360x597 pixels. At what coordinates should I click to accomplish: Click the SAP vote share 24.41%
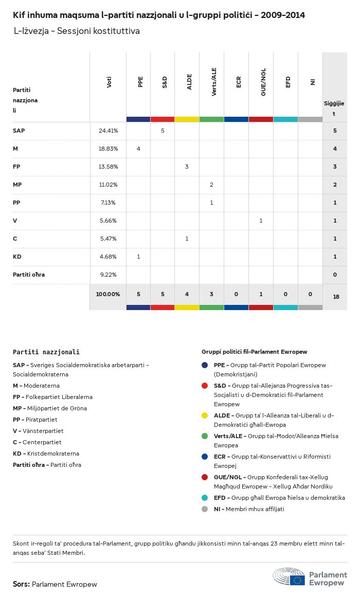[x=108, y=131]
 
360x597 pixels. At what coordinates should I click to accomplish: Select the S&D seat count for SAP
[x=163, y=131]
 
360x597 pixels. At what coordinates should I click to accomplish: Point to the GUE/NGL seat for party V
[x=261, y=221]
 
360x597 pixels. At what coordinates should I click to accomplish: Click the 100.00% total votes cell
[x=108, y=294]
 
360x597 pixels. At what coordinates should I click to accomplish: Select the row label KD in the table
[x=17, y=257]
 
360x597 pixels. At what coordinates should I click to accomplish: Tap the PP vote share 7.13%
[x=108, y=203]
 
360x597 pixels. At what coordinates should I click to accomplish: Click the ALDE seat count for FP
[x=187, y=167]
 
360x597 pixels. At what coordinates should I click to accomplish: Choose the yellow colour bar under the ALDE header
[x=187, y=119]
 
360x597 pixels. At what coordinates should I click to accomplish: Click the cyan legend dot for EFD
[x=205, y=498]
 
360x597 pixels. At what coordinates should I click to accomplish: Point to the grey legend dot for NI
[x=205, y=509]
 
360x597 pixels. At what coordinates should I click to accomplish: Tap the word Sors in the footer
[x=21, y=584]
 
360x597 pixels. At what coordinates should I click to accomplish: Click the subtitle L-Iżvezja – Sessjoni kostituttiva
[x=77, y=31]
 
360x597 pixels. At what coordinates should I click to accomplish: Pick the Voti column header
[x=109, y=82]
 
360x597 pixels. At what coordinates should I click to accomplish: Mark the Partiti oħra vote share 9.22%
[x=108, y=275]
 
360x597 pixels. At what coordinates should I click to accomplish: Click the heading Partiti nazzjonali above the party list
[x=46, y=352]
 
